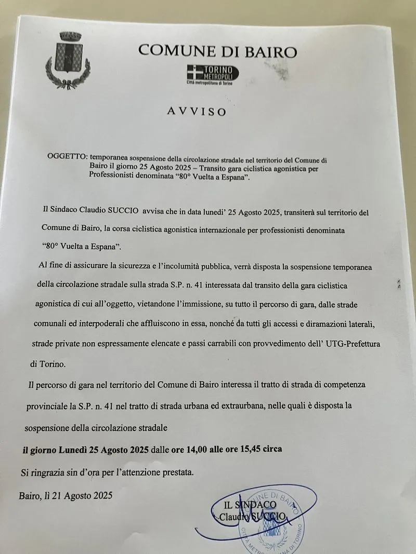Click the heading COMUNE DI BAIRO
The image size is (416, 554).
click(218, 51)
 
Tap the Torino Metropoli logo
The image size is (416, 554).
click(213, 74)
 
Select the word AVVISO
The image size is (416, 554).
click(197, 111)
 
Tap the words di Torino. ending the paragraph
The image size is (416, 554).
click(48, 364)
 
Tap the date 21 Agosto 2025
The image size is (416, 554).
click(82, 495)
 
